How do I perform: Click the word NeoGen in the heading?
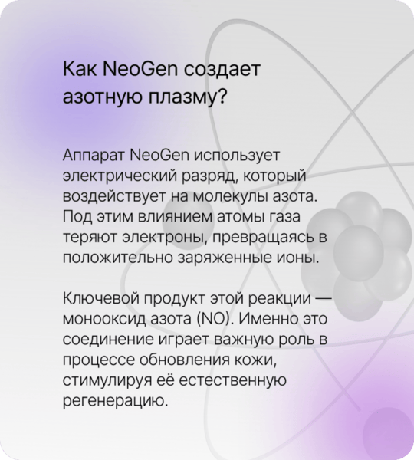(140, 69)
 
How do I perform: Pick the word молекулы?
(230, 196)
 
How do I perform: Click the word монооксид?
(104, 320)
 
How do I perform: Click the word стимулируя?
(107, 381)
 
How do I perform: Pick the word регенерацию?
(116, 402)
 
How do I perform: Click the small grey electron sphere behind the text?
(189, 222)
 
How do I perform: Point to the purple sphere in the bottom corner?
(388, 432)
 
